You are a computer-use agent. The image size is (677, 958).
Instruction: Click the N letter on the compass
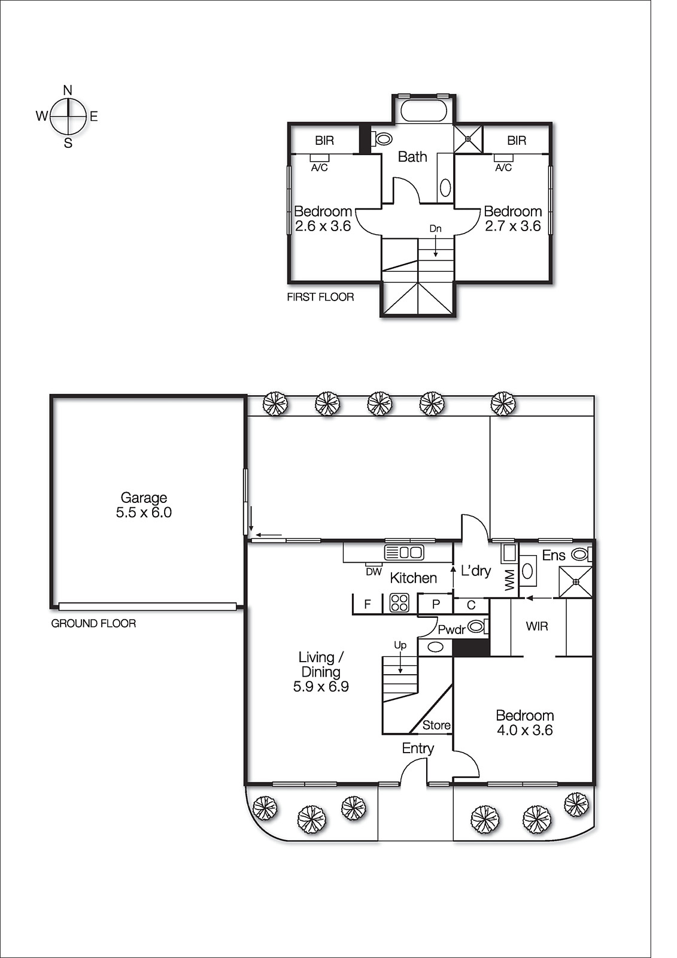[x=68, y=90]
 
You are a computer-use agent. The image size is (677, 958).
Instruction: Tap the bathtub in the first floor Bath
[x=424, y=111]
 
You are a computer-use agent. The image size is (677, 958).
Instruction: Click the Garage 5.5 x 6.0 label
[x=144, y=505]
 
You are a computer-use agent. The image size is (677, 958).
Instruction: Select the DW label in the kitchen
[x=374, y=572]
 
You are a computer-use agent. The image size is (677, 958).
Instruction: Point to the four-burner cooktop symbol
[x=399, y=602]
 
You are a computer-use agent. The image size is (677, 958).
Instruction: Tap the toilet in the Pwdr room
[x=477, y=627]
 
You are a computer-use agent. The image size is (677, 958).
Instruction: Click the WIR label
[x=537, y=626]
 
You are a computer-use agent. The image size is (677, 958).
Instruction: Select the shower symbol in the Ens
[x=575, y=581]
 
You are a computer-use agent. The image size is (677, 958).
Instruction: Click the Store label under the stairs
[x=436, y=725]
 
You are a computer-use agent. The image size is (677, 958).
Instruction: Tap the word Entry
[x=418, y=748]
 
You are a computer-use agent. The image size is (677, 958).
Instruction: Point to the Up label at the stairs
[x=400, y=645]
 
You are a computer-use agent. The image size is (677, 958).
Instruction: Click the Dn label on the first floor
[x=435, y=229]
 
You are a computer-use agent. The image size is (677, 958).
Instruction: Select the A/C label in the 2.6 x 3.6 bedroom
[x=320, y=168]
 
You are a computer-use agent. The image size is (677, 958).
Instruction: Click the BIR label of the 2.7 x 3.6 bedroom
[x=517, y=141]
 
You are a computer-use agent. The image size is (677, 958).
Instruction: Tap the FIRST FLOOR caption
[x=320, y=297]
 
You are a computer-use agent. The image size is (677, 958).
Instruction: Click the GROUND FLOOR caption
[x=93, y=623]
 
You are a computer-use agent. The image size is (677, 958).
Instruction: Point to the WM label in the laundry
[x=510, y=580]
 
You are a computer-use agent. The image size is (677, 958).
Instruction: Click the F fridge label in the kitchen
[x=368, y=604]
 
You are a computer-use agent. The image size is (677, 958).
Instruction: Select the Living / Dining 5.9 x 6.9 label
[x=321, y=672]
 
